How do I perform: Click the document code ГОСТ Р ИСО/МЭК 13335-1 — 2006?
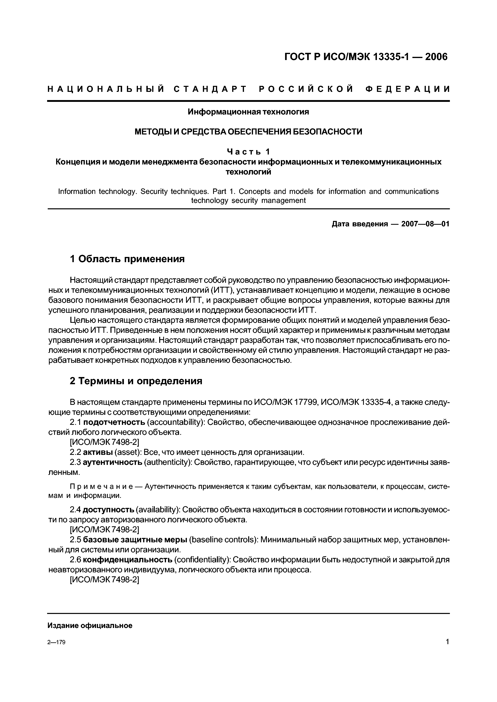(x=366, y=57)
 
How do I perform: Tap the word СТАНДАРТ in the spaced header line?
(x=210, y=89)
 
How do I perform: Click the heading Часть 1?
(x=248, y=152)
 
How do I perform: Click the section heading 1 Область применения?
(x=127, y=259)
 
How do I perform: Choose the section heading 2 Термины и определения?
(x=136, y=381)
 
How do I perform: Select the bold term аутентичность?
(x=112, y=462)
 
